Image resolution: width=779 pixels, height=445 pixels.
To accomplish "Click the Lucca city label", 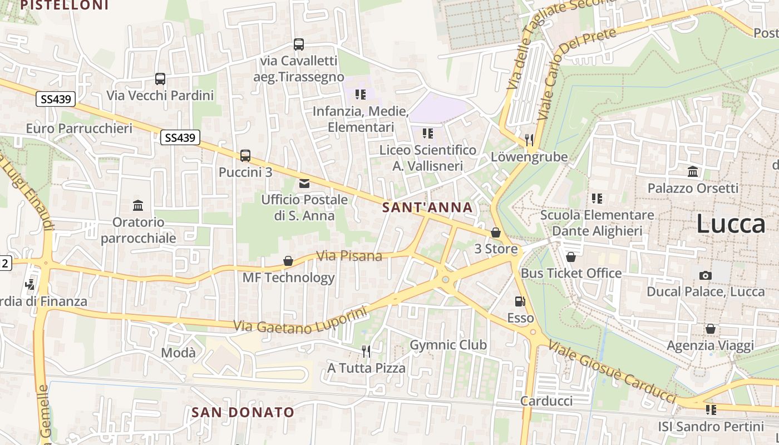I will pyautogui.click(x=731, y=224).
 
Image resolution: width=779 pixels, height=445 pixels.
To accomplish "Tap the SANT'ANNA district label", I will pyautogui.click(x=427, y=207).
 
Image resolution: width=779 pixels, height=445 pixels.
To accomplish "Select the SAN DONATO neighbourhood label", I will pyautogui.click(x=243, y=412).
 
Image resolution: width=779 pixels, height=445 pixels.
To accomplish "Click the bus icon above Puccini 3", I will pyautogui.click(x=245, y=156).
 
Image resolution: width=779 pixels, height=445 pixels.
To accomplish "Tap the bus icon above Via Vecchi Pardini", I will pyautogui.click(x=160, y=79).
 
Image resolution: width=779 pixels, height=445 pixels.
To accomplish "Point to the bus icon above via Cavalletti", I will pyautogui.click(x=299, y=44).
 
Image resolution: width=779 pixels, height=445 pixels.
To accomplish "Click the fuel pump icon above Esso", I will pyautogui.click(x=520, y=301).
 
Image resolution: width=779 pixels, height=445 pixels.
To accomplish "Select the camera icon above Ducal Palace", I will pyautogui.click(x=705, y=275).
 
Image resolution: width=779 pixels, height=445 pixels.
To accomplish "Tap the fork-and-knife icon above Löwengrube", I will pyautogui.click(x=529, y=140).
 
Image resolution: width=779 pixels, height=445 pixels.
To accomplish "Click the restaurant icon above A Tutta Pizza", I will pyautogui.click(x=366, y=351).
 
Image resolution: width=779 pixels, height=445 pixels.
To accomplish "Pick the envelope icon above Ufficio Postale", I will pyautogui.click(x=304, y=184).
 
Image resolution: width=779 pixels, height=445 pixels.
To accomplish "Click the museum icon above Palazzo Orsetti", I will pyautogui.click(x=693, y=171).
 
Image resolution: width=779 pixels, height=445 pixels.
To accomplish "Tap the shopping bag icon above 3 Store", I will pyautogui.click(x=496, y=233).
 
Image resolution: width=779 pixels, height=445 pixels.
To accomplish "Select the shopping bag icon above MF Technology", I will pyautogui.click(x=288, y=260).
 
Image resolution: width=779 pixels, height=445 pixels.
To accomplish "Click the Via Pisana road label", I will pyautogui.click(x=349, y=256).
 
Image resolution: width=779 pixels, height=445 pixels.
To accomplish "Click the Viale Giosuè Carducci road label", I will pyautogui.click(x=612, y=371).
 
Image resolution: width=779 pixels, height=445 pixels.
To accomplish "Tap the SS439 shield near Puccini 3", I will pyautogui.click(x=180, y=137).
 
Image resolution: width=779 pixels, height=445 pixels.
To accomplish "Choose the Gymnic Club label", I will pyautogui.click(x=448, y=345).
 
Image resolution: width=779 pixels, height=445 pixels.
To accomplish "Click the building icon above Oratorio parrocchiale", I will pyautogui.click(x=138, y=206).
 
